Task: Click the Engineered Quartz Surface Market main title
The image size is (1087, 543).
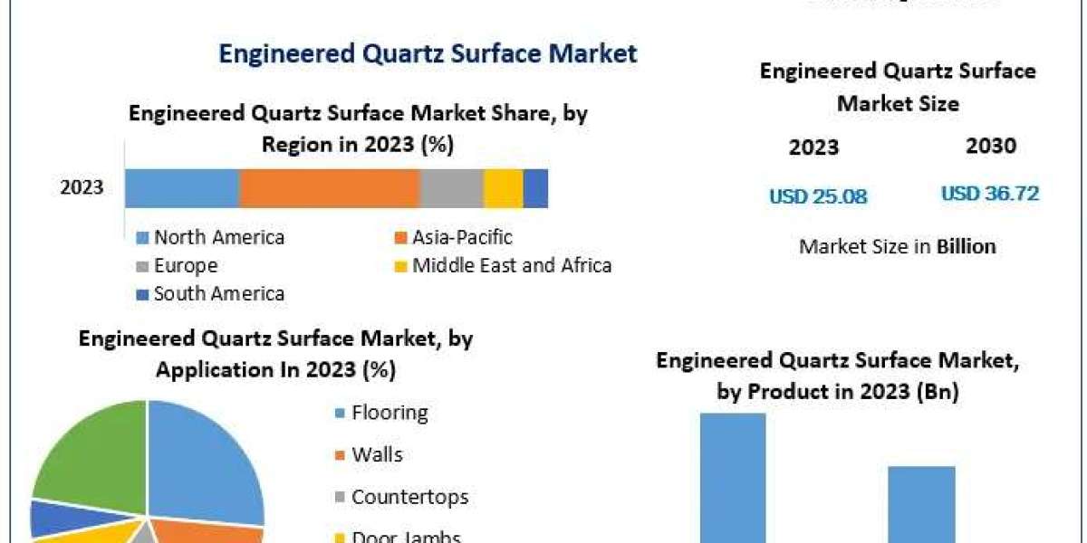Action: [x=428, y=53]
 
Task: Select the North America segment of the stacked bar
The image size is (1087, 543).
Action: [x=182, y=188]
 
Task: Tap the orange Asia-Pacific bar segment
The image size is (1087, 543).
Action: [x=330, y=188]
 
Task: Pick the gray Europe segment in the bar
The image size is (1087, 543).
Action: [x=452, y=188]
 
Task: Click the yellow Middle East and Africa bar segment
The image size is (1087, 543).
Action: [x=504, y=188]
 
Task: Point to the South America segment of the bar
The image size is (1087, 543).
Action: [x=535, y=188]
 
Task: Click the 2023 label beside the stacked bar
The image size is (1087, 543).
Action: [x=82, y=188]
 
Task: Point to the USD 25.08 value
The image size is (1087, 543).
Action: [x=818, y=196]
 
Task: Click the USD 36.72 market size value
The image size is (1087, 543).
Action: [x=990, y=194]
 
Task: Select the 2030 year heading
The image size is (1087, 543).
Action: [x=991, y=146]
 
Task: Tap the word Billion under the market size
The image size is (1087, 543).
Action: [x=967, y=246]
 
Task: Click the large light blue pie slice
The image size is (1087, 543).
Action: [x=204, y=462]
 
